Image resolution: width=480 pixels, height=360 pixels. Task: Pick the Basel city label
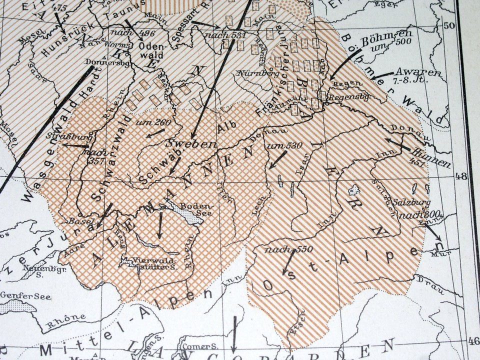pos(78,221)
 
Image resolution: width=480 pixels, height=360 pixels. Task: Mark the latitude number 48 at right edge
pos(460,175)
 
